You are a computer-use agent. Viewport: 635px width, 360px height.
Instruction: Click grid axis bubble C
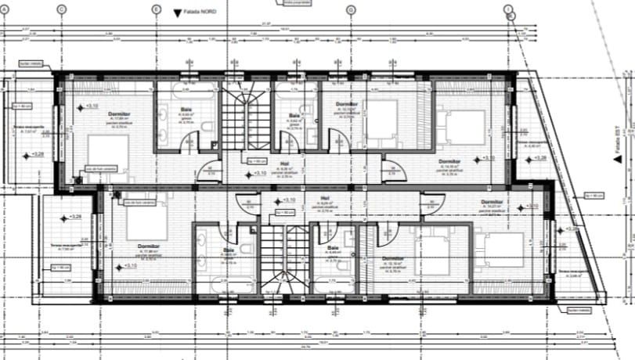pos(61,10)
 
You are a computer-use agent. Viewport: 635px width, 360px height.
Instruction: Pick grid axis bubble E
pos(156,10)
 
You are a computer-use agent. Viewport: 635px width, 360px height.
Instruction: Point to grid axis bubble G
pos(352,10)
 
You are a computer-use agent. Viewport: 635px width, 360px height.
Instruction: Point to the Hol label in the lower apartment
pos(325,198)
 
